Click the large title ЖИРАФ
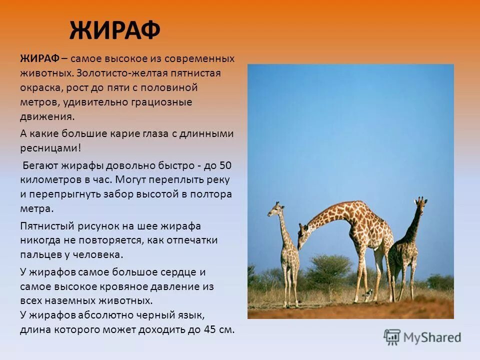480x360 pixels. pos(114,31)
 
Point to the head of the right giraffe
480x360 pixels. pos(421,202)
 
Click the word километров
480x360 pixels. pos(47,179)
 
